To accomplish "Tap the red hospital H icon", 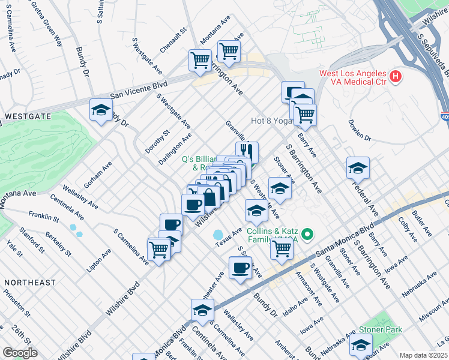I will (x=395, y=77).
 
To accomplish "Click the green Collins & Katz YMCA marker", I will (x=308, y=233).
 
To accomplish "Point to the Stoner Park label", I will (x=380, y=329).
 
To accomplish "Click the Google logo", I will (x=20, y=353).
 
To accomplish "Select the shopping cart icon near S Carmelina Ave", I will (x=159, y=248).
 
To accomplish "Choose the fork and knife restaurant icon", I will (x=247, y=152).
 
